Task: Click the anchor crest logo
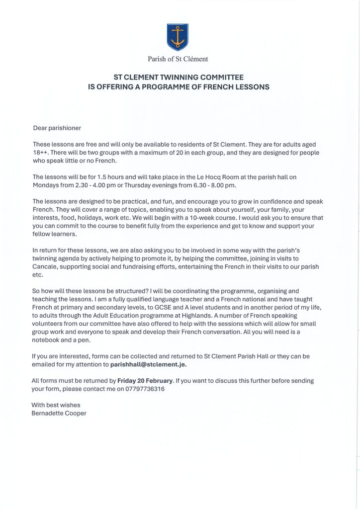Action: [177, 37]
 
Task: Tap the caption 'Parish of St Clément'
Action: [178, 59]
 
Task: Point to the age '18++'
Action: [41, 153]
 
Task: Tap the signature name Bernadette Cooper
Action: [59, 413]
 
